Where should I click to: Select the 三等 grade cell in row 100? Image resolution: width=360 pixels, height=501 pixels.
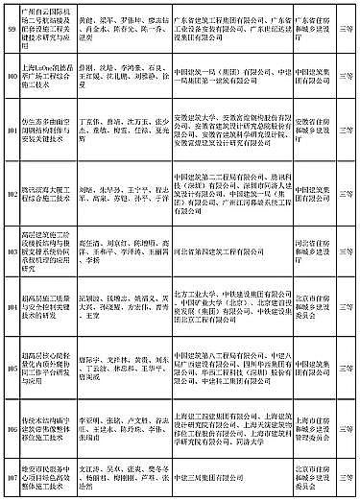[346, 76]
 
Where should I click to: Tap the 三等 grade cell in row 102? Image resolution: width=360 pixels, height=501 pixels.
[346, 185]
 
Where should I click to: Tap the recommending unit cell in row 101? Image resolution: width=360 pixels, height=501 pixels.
[312, 131]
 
